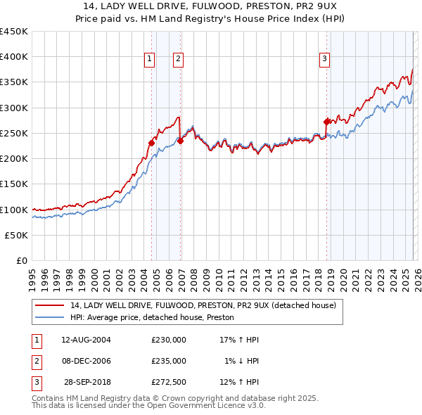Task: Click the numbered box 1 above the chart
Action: click(150, 60)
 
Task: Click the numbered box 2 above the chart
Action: click(179, 60)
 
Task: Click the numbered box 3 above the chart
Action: click(325, 60)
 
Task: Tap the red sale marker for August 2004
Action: click(151, 143)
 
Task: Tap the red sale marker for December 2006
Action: click(180, 141)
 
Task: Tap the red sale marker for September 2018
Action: click(326, 122)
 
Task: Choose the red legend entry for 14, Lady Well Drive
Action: click(203, 305)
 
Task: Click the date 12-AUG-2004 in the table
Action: click(86, 340)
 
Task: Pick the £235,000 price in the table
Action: click(169, 361)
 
